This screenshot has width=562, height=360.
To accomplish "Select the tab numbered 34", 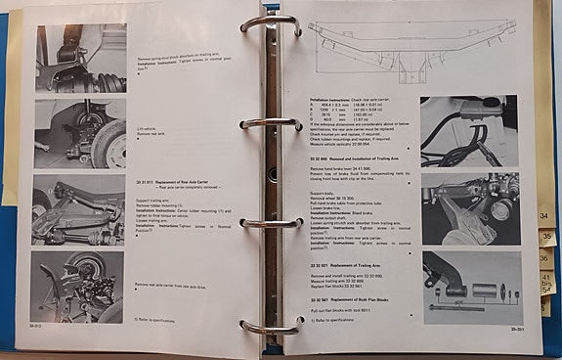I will pyautogui.click(x=544, y=215).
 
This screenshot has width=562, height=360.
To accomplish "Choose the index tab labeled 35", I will pyautogui.click(x=547, y=238).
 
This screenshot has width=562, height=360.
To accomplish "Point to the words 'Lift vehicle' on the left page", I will pyautogui.click(x=148, y=128).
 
